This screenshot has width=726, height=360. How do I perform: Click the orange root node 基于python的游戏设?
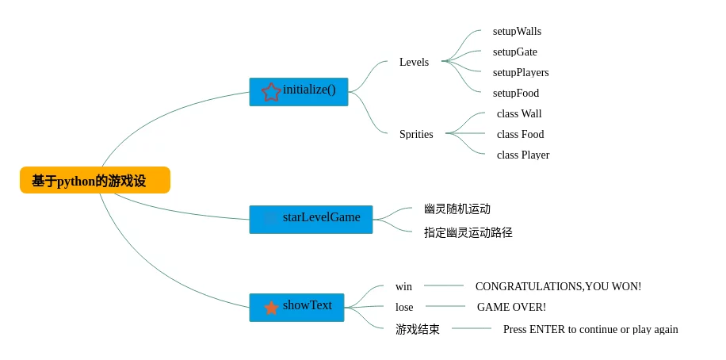94,180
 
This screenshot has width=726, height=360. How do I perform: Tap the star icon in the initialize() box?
271,92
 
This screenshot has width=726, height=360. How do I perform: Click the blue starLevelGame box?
311,219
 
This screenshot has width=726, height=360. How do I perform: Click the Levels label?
414,62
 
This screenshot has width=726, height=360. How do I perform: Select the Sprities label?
416,134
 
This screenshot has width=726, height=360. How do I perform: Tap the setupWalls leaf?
517,31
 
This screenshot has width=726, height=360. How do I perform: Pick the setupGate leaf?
514,52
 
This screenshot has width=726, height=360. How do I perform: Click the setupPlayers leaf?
521,72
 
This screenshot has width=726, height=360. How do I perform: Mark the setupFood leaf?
515,93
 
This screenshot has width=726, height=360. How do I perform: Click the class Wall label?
519,113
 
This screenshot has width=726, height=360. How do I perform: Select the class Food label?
520,134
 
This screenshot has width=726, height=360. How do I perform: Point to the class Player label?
522,155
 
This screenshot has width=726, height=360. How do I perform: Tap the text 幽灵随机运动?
457,209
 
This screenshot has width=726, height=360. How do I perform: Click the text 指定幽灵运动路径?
468,232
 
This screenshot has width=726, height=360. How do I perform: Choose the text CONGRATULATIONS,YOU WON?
558,286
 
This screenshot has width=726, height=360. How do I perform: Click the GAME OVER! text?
511,307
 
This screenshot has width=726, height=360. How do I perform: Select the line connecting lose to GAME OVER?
445,306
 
